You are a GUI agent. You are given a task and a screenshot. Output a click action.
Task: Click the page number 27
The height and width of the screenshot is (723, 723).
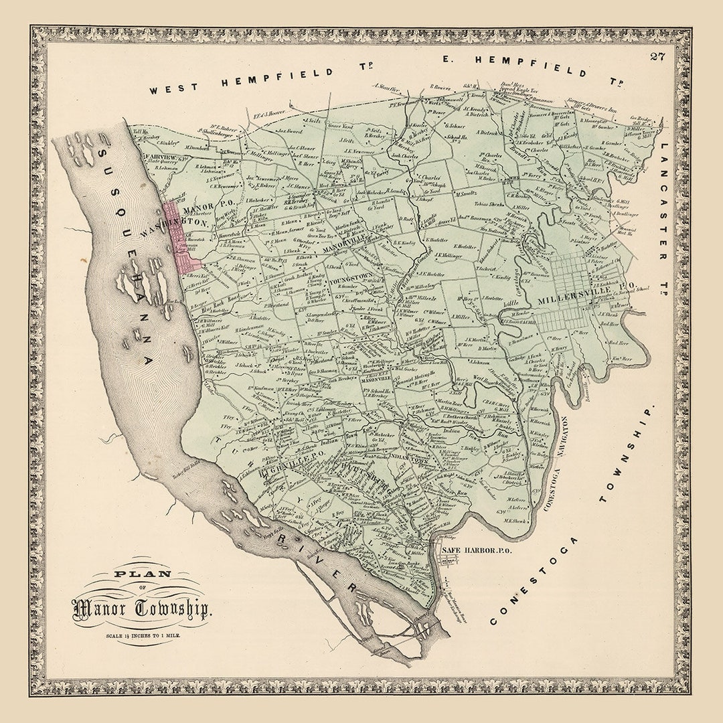pos(657,56)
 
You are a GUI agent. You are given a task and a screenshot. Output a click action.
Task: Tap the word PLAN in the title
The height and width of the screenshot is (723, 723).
pos(141,574)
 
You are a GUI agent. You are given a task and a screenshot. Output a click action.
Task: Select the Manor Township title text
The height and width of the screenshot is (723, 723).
pos(142,608)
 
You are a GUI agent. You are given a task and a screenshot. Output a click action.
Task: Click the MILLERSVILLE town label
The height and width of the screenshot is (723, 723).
pos(566,299)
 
